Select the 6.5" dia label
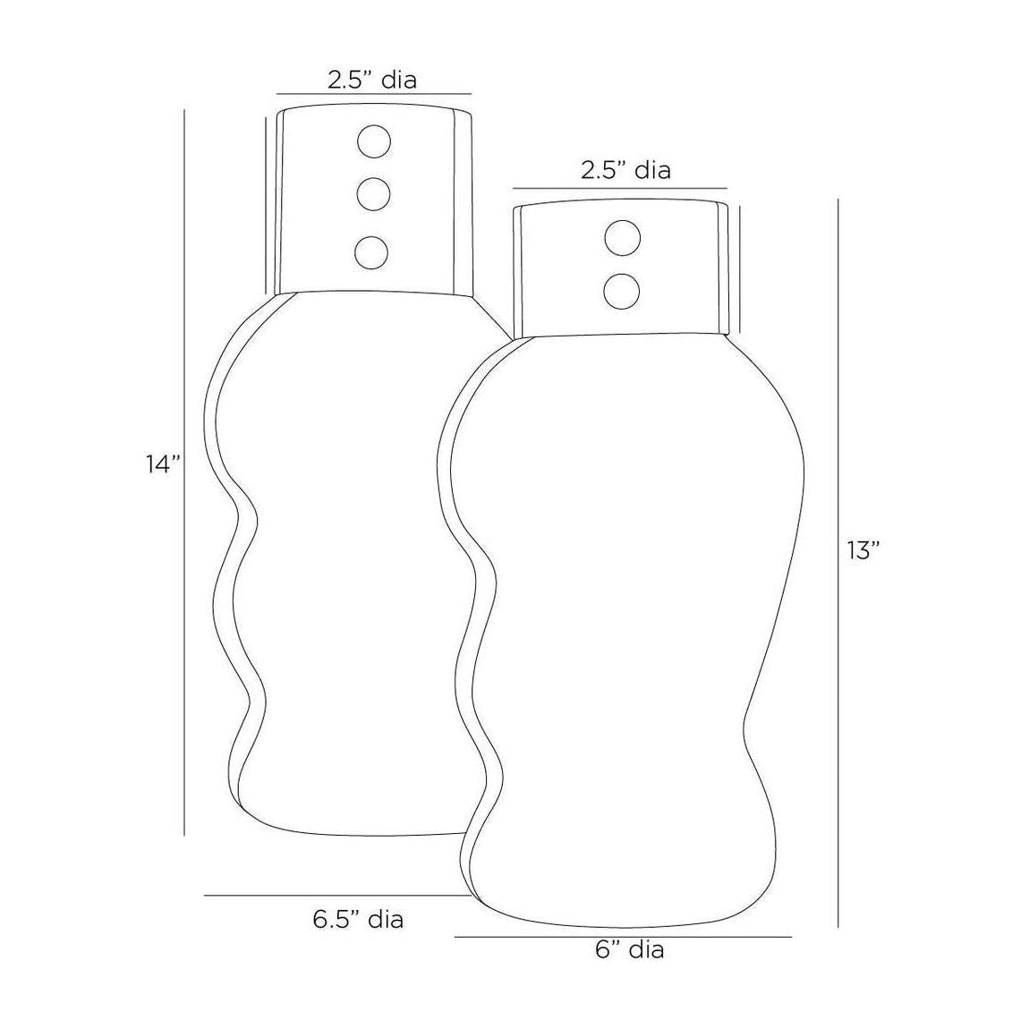click(x=358, y=920)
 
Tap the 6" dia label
click(x=630, y=949)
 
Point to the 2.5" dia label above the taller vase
click(x=372, y=80)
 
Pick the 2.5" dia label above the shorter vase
click(x=625, y=171)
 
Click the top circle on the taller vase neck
click(x=373, y=141)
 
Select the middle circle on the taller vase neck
click(x=373, y=193)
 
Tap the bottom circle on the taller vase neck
click(x=371, y=252)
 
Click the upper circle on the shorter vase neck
click(x=622, y=238)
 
